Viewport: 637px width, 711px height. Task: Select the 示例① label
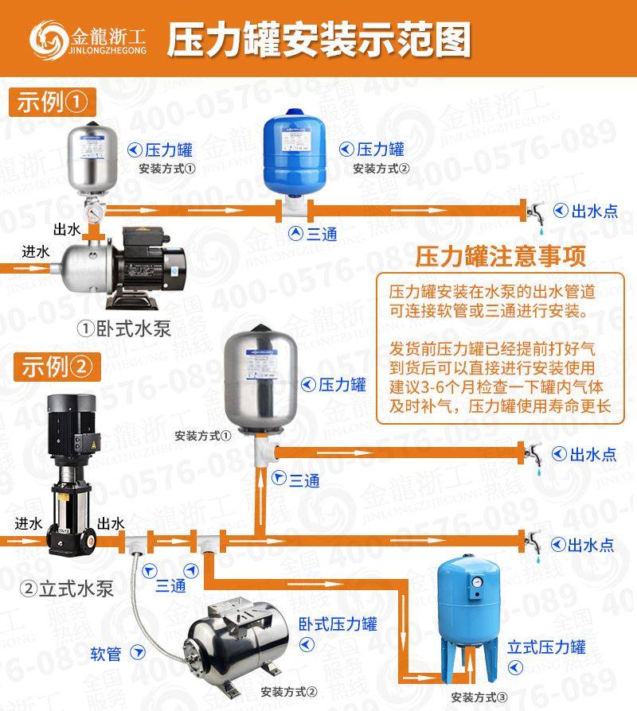pos(52,103)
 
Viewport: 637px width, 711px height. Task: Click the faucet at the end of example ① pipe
pos(535,212)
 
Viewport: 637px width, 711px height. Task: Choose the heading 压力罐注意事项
pos(502,256)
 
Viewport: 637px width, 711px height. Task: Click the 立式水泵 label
pos(67,589)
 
